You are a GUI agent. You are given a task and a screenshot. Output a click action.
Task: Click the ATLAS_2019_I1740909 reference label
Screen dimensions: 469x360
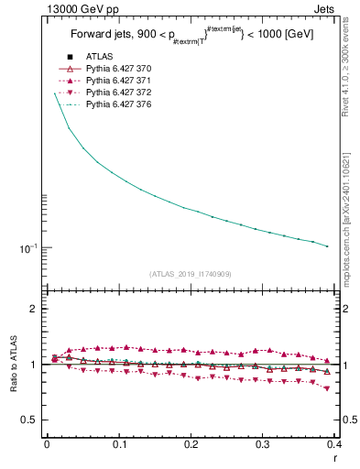191,273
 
